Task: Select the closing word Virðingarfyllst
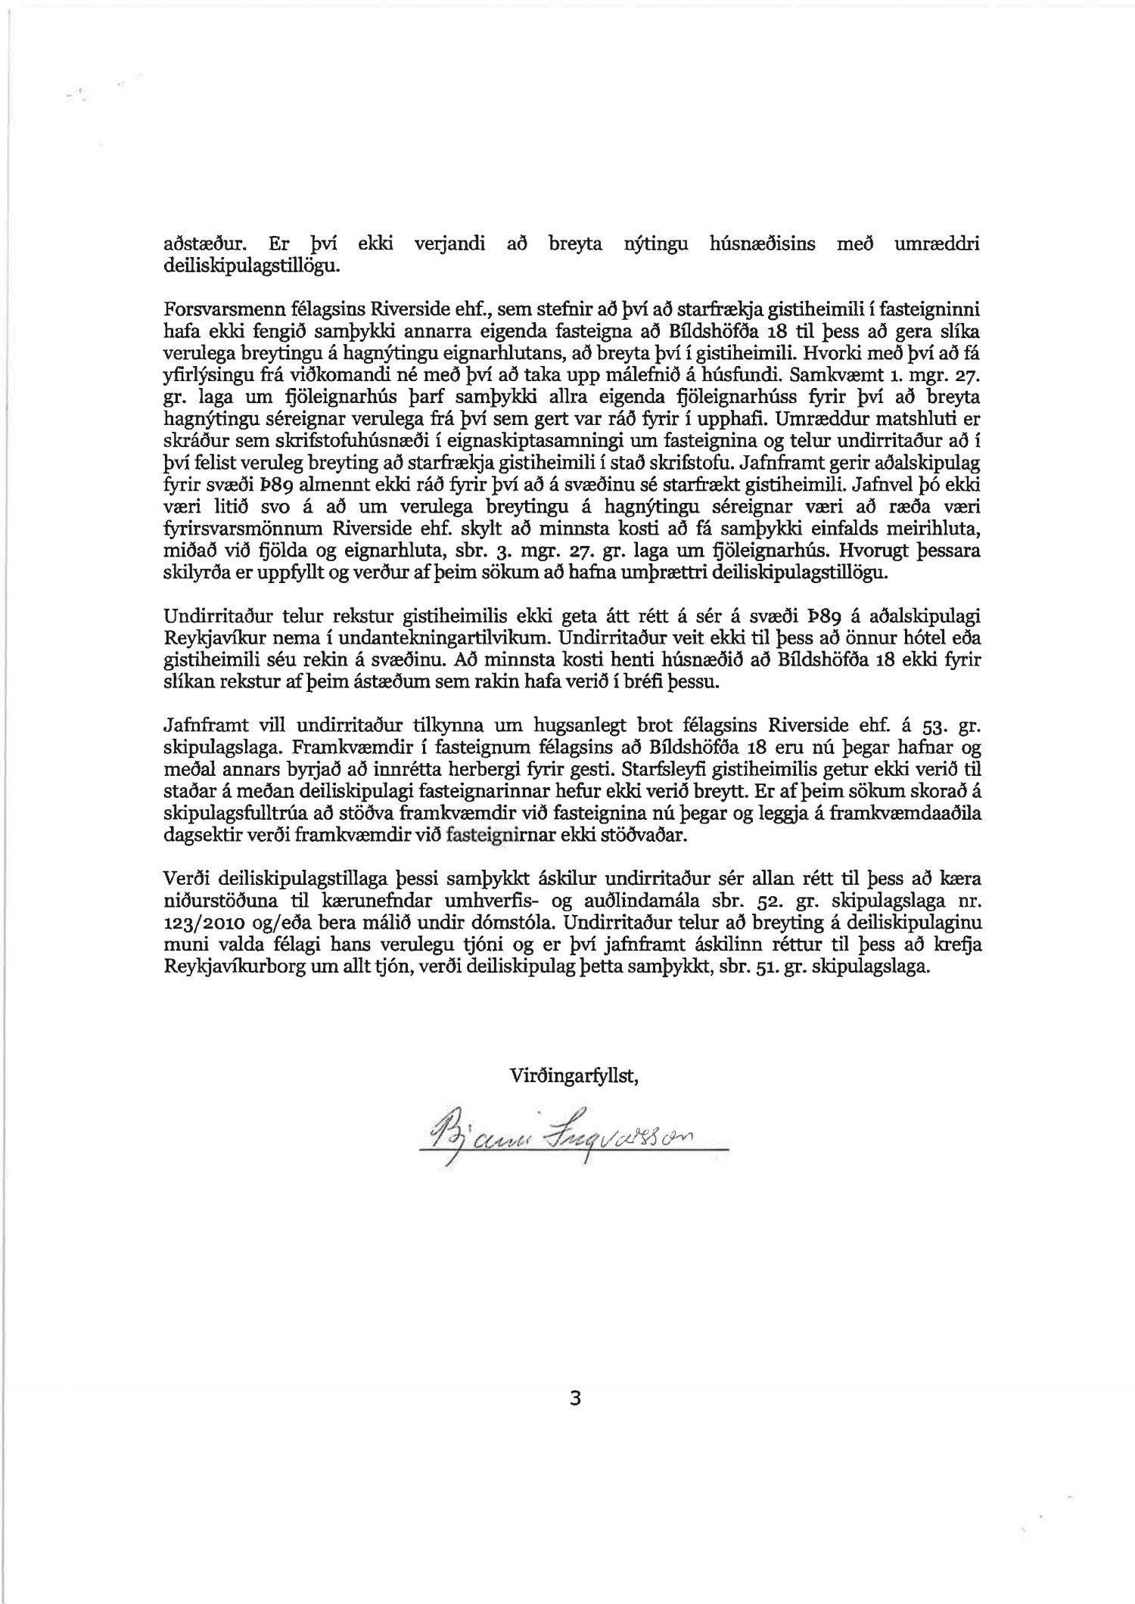point(575,1075)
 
